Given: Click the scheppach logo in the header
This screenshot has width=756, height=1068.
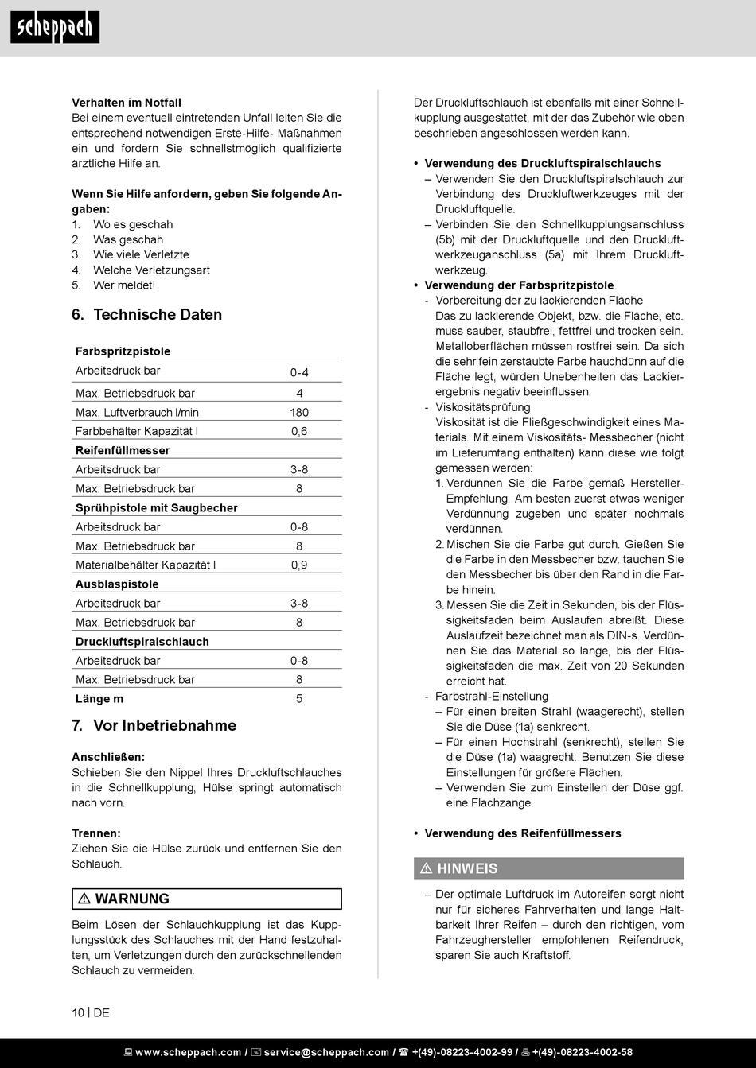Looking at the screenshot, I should pyautogui.click(x=55, y=28).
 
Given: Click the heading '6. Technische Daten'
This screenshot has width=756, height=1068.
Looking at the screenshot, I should pyautogui.click(x=147, y=315).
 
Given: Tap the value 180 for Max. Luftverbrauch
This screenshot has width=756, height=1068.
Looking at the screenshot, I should pyautogui.click(x=299, y=412).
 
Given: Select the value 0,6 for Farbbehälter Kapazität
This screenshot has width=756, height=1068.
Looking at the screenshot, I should pyautogui.click(x=299, y=431).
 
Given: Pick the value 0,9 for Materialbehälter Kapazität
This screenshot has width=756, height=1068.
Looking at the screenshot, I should pyautogui.click(x=299, y=565).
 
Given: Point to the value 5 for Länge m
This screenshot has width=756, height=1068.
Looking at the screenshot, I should pyautogui.click(x=299, y=698).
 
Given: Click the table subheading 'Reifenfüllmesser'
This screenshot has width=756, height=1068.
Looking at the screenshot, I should pyautogui.click(x=123, y=450).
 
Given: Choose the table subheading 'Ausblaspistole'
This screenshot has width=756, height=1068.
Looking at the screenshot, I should pyautogui.click(x=117, y=584).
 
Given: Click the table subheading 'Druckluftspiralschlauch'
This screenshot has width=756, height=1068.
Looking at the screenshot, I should pyautogui.click(x=142, y=641).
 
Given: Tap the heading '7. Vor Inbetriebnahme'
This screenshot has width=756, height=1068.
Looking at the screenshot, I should pyautogui.click(x=154, y=725).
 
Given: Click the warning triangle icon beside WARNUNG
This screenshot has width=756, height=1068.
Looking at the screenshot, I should pyautogui.click(x=84, y=899).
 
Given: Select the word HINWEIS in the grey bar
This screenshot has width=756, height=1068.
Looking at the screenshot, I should pyautogui.click(x=467, y=868).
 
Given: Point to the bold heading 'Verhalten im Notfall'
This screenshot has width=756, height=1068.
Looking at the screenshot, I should pyautogui.click(x=127, y=103).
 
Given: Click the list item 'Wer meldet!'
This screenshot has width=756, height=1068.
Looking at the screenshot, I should pyautogui.click(x=124, y=285).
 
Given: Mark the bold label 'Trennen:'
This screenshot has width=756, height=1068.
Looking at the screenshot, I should pyautogui.click(x=96, y=833).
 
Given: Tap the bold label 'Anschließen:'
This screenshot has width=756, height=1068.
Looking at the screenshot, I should pyautogui.click(x=108, y=757).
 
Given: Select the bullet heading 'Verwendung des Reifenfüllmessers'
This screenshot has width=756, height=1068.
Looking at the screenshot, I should pyautogui.click(x=523, y=833).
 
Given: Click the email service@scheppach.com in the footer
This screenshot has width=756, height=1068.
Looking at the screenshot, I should pyautogui.click(x=326, y=1052).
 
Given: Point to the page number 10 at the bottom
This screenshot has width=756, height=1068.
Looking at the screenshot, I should pyautogui.click(x=78, y=1012).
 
